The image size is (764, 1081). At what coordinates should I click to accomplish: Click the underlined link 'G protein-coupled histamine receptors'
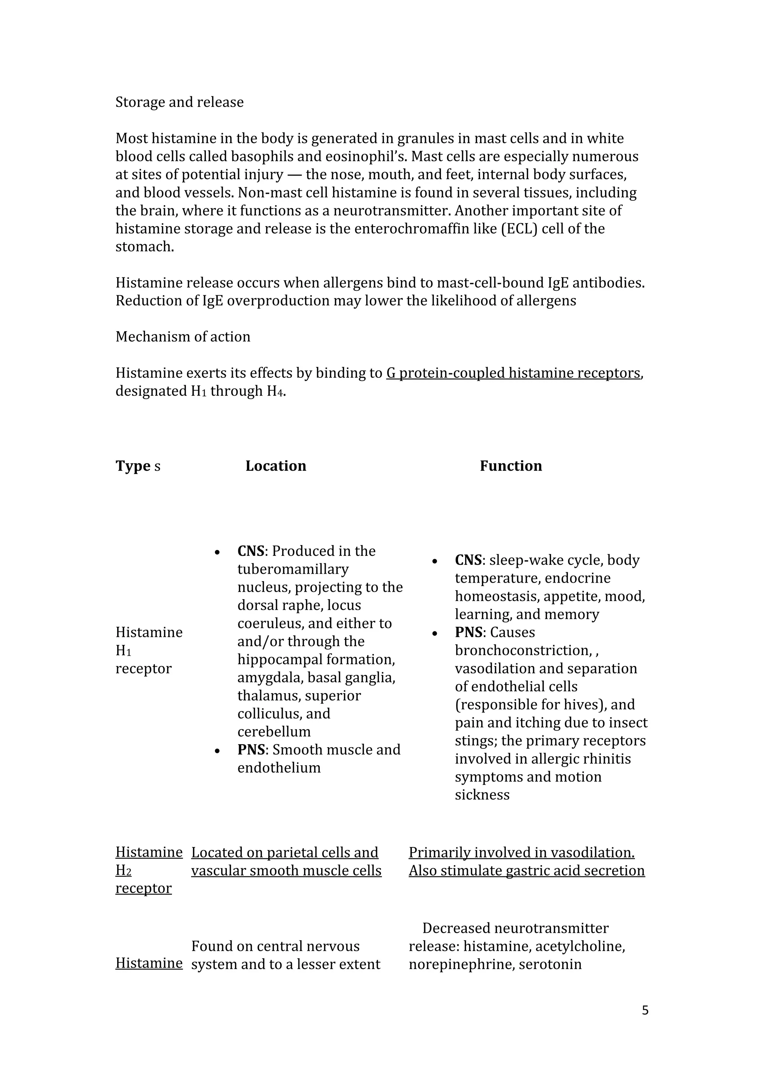pyautogui.click(x=513, y=373)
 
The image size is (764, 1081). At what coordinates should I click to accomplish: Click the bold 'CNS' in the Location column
pyautogui.click(x=251, y=551)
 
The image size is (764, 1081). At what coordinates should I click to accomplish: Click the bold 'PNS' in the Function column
pyautogui.click(x=469, y=632)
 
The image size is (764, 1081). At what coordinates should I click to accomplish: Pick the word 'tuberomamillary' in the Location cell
pyautogui.click(x=292, y=569)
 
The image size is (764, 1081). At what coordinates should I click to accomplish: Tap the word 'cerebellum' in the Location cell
pyautogui.click(x=274, y=732)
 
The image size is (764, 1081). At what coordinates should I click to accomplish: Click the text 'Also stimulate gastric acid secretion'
pyautogui.click(x=526, y=870)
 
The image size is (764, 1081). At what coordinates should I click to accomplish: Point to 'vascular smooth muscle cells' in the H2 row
pyautogui.click(x=286, y=870)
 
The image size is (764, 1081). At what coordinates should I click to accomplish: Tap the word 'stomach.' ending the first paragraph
pyautogui.click(x=144, y=247)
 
